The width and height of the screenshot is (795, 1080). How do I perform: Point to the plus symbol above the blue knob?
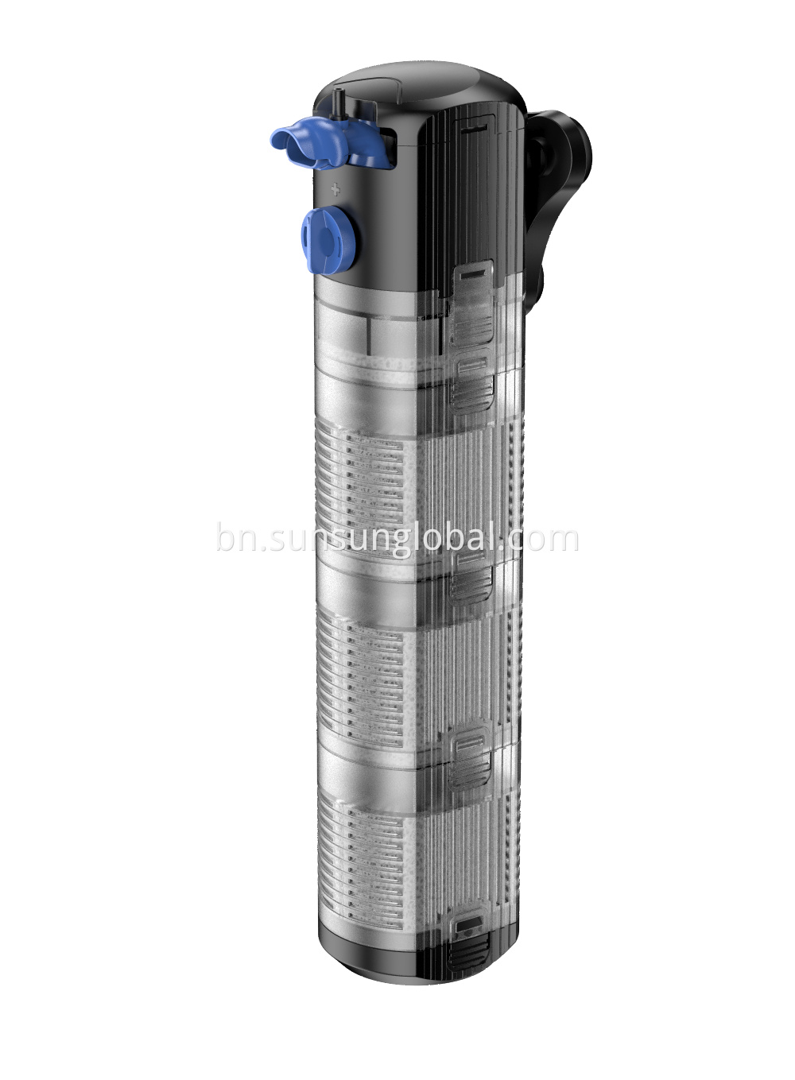coord(335,189)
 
